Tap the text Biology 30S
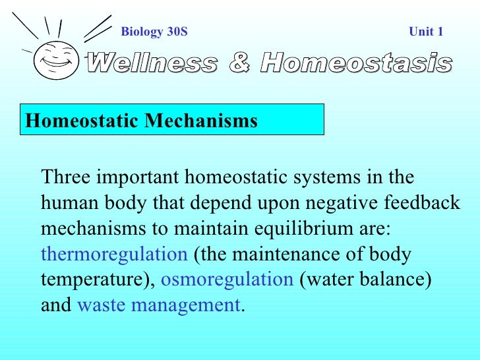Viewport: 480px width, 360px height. pos(154,31)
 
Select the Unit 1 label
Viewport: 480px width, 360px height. pos(426,31)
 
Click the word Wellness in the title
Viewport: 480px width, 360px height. pos(152,63)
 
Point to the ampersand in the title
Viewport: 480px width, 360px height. pos(239,63)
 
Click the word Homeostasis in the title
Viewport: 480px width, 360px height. pos(356,63)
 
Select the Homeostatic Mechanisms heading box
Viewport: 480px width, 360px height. pos(171,120)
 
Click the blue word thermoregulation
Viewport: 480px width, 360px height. pos(114,255)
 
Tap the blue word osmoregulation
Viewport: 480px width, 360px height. pos(227,280)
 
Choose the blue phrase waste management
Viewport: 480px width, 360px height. pos(159,305)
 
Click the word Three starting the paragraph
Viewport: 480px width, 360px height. pos(67,178)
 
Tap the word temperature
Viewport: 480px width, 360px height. pos(94,280)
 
